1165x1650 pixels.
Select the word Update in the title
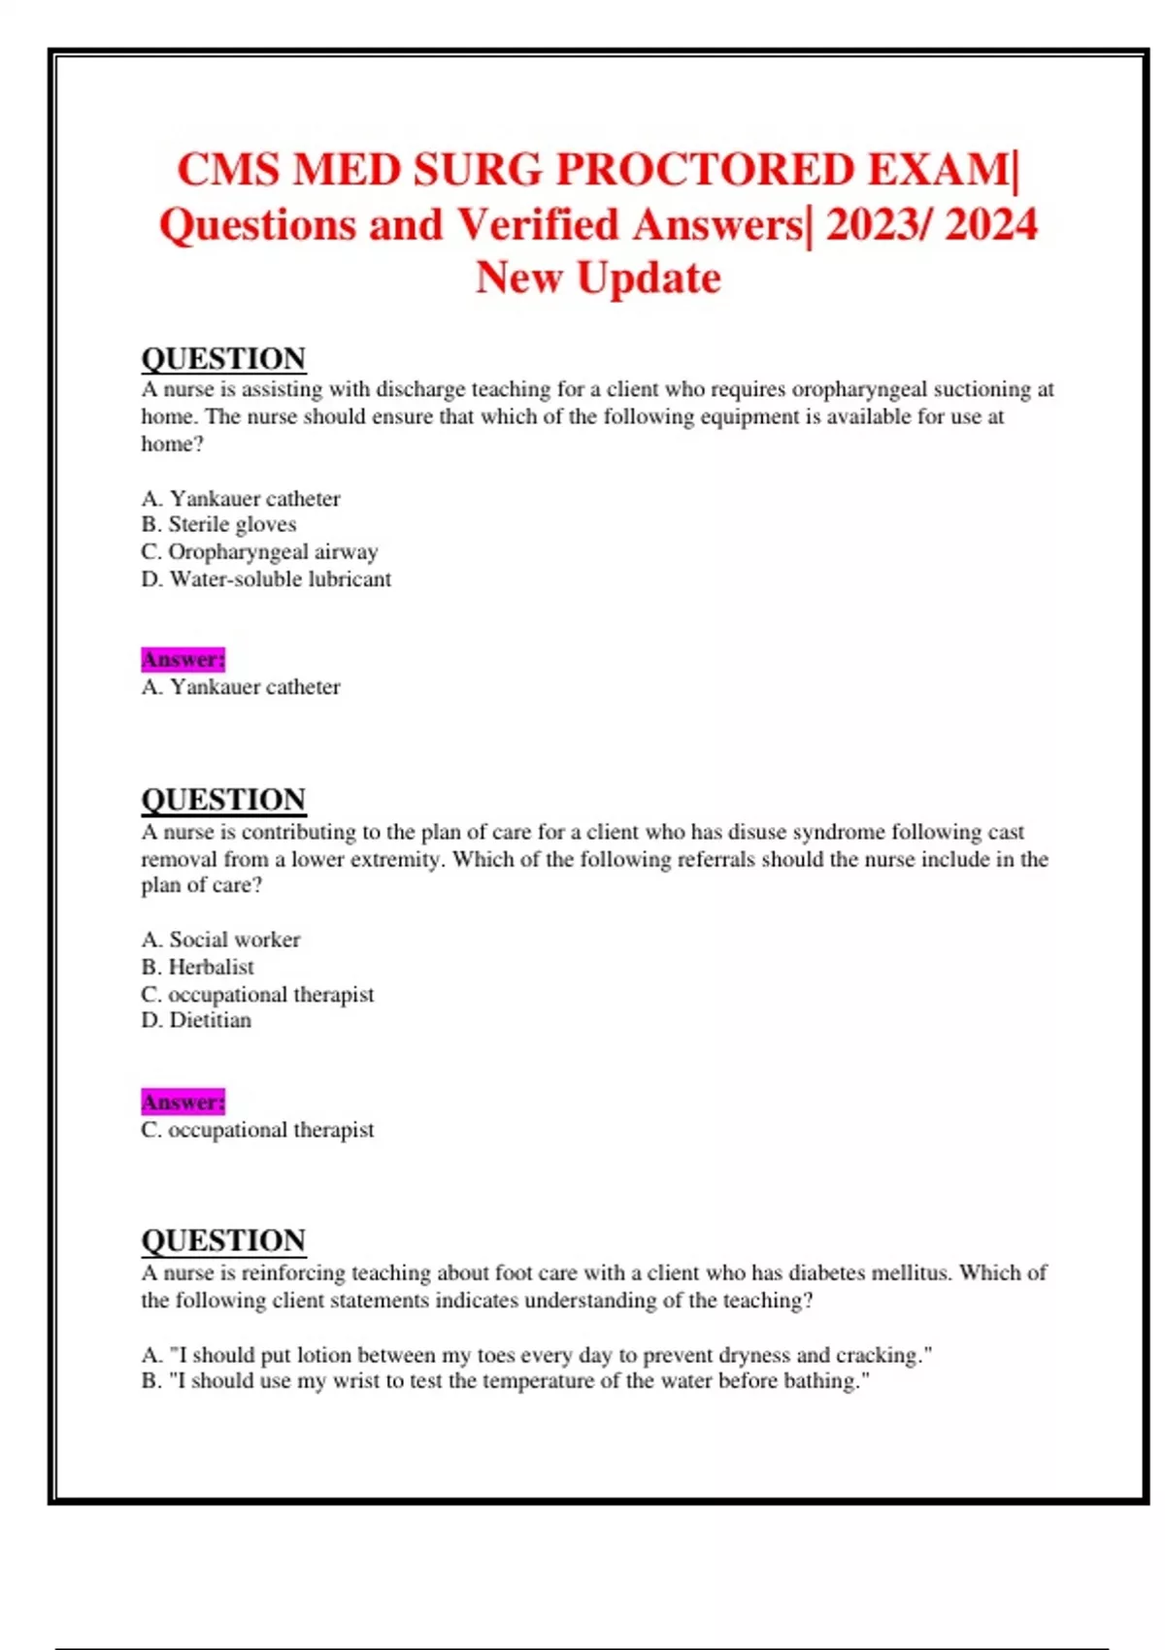coord(649,279)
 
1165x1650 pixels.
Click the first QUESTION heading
coord(223,359)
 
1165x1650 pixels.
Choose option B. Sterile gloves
coord(218,525)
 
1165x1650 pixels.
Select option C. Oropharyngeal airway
coord(259,552)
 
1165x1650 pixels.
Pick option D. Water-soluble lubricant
coord(266,579)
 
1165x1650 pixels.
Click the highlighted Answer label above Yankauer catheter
coord(183,660)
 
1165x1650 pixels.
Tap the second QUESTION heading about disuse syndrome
coord(223,800)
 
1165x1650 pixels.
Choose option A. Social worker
coord(220,940)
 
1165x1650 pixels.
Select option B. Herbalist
coord(197,967)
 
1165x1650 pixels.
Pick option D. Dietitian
coord(196,1020)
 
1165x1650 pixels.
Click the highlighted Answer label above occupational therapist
coord(183,1103)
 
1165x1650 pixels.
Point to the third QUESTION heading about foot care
coord(223,1240)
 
